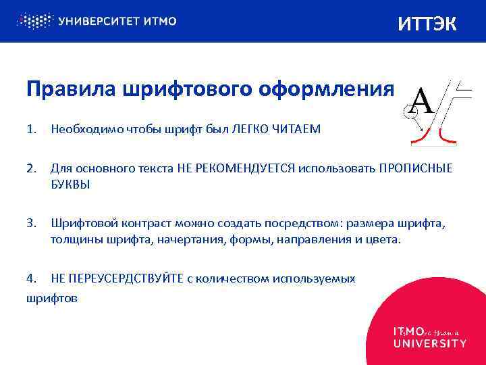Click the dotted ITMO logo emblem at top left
pos(34,20)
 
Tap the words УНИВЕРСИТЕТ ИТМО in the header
pos(117,21)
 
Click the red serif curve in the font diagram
pos(445,138)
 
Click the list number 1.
pos(31,129)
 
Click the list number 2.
pos(31,168)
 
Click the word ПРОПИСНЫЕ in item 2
pos(415,168)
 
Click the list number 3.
pos(31,224)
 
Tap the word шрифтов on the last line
pos(51,297)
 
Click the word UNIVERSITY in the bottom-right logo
pos(429,343)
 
